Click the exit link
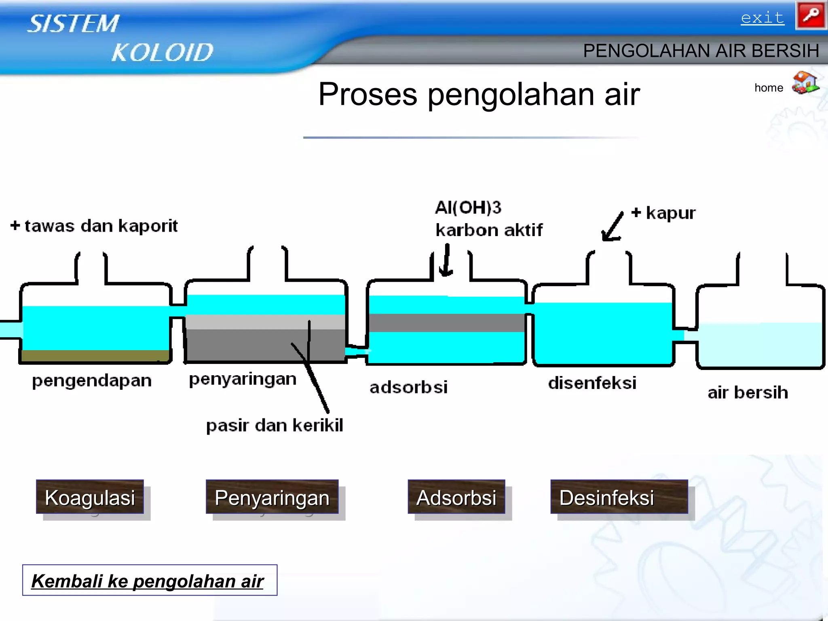point(762,18)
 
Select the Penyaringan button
point(272,497)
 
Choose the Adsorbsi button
point(456,497)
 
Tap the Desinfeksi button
point(619,497)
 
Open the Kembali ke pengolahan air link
point(148,581)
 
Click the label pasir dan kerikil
point(275,425)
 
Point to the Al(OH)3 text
point(468,207)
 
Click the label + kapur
point(664,213)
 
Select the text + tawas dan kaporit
point(94,226)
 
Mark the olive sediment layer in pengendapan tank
point(95,355)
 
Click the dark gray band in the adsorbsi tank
point(447,323)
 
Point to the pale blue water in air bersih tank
point(760,344)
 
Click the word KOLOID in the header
point(162,53)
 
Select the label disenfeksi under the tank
point(592,383)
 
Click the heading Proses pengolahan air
point(479,94)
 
